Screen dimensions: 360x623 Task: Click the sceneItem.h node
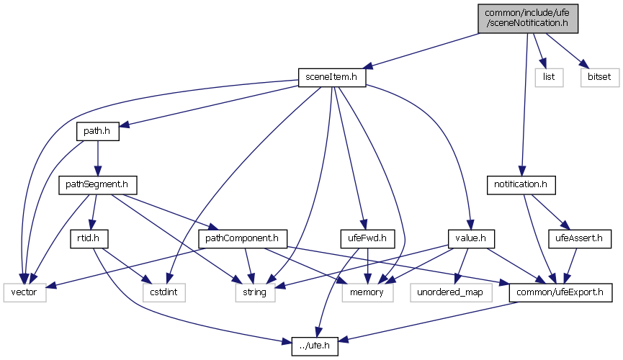(333, 77)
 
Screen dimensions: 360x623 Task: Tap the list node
(549, 77)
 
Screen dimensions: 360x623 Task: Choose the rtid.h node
(89, 238)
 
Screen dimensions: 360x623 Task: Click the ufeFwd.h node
(364, 238)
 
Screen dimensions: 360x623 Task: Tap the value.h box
(469, 238)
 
